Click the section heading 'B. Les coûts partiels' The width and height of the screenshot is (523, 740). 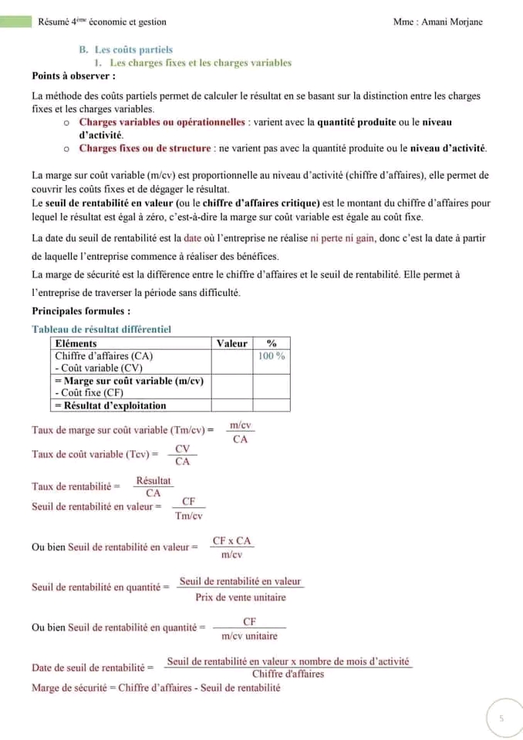[x=126, y=50]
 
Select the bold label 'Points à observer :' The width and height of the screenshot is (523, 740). [x=74, y=76]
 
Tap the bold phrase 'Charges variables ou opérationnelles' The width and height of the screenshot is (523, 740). [x=160, y=123]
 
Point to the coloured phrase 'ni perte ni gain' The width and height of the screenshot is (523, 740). [x=342, y=238]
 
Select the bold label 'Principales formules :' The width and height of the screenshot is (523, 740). [x=81, y=311]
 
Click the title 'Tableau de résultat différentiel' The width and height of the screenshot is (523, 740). [x=101, y=330]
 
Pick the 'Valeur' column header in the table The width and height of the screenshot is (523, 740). [x=232, y=344]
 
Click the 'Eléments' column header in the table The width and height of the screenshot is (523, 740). [x=76, y=344]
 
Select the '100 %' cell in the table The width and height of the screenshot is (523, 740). [x=271, y=356]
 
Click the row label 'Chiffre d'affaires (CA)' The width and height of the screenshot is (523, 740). [x=104, y=356]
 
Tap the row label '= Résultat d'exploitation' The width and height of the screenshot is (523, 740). [x=110, y=405]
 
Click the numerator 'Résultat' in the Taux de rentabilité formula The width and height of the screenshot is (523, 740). [x=153, y=481]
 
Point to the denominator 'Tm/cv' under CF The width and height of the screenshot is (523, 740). [x=188, y=516]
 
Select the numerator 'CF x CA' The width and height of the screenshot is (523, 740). [x=231, y=541]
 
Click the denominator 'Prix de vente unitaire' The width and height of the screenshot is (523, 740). [x=240, y=597]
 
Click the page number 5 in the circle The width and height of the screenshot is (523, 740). [x=501, y=718]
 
